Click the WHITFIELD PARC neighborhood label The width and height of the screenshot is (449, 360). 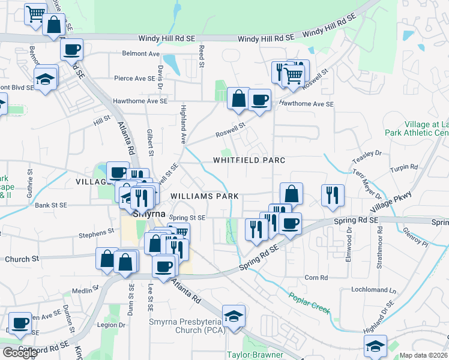click(249, 160)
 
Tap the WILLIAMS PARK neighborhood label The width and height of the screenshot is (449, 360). click(205, 196)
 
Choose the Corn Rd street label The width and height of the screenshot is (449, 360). click(316, 278)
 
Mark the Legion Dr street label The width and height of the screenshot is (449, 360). click(111, 325)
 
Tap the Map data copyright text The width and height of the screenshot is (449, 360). click(424, 355)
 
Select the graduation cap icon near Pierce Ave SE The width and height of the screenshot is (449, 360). click(46, 79)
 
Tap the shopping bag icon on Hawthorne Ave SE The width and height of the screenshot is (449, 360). click(239, 98)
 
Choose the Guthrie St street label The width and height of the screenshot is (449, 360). click(29, 178)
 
